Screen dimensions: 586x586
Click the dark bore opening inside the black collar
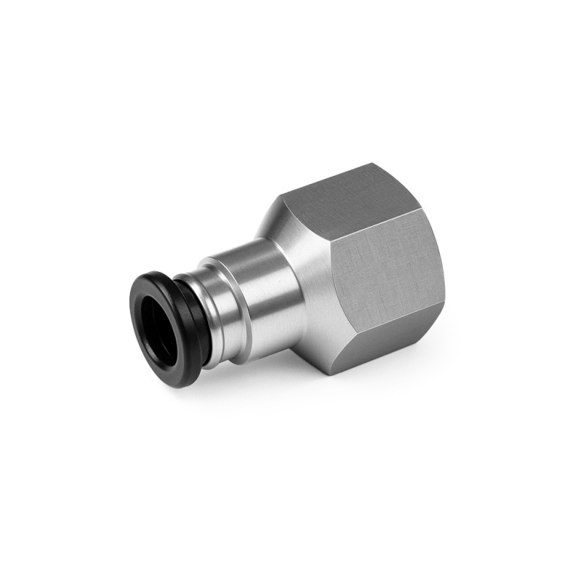point(159,325)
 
